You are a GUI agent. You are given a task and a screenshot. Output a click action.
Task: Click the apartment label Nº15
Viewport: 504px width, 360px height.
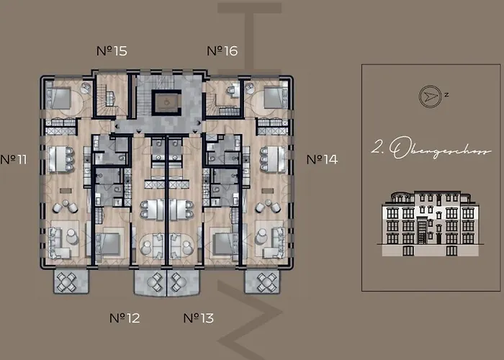112,50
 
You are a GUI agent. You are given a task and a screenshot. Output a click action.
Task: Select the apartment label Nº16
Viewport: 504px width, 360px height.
222,50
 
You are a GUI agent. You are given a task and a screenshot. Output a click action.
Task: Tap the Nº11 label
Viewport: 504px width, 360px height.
14,159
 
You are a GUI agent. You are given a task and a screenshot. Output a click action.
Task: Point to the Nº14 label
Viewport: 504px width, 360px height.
321,159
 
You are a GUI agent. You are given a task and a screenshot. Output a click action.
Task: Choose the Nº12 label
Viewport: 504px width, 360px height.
125,317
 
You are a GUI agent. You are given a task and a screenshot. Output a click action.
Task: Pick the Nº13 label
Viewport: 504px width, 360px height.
198,317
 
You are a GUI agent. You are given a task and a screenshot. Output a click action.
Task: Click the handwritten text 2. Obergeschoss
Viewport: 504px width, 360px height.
431,150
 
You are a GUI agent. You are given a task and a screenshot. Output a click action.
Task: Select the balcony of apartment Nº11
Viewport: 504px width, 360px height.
71,280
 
